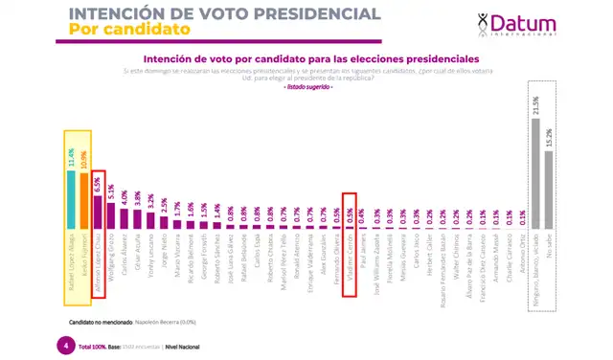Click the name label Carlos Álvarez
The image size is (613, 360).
125,250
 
